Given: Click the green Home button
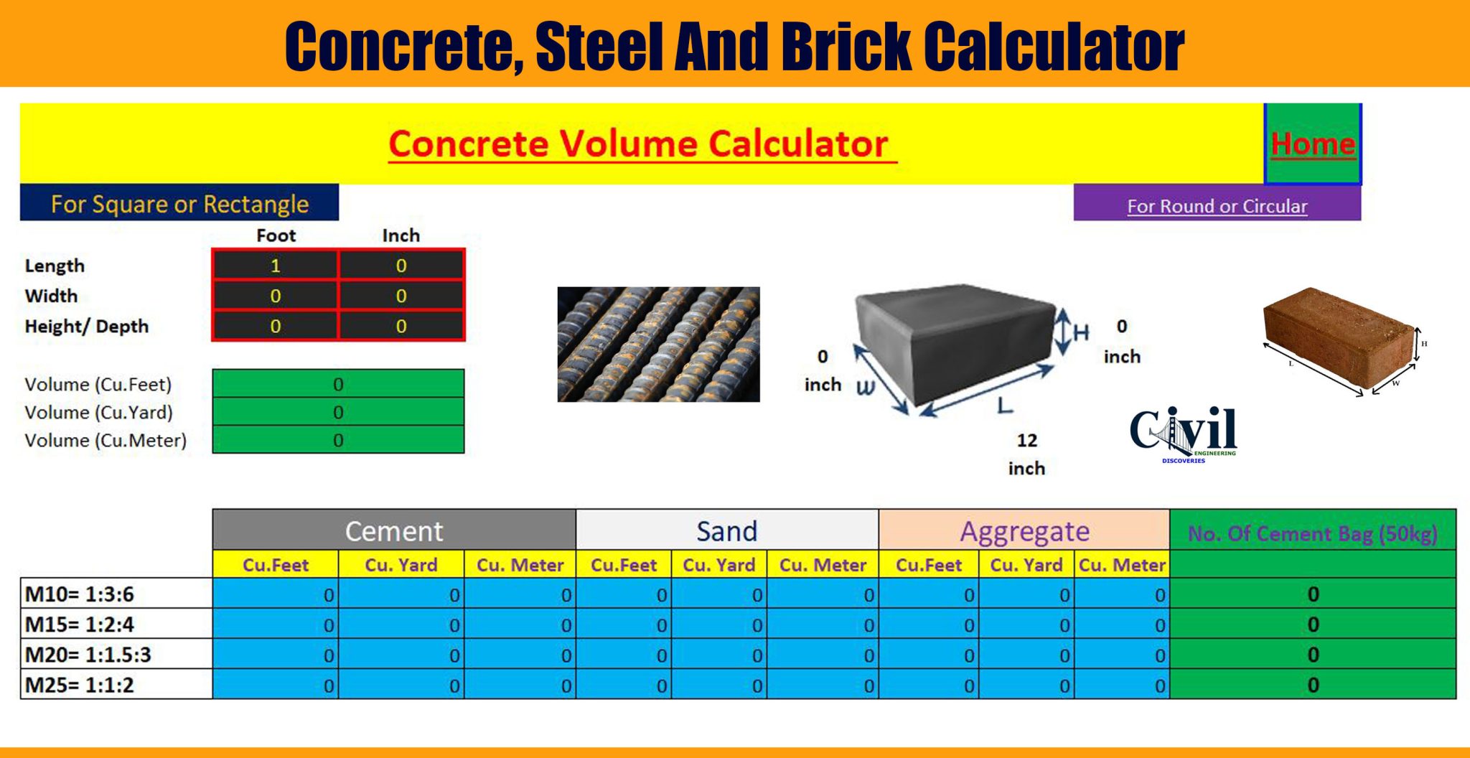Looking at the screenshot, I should (1312, 144).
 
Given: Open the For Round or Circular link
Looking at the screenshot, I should (1217, 206).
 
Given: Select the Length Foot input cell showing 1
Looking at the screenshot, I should (275, 266).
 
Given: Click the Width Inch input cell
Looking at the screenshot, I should (401, 296).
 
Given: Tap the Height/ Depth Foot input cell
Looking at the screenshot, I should (275, 327).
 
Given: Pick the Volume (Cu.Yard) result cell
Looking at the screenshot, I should (338, 412).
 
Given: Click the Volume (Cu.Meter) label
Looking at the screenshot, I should (106, 440).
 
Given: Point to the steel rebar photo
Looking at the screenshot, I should (658, 344).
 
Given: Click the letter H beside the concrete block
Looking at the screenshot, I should (1080, 332).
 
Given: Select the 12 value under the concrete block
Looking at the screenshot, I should (1026, 440).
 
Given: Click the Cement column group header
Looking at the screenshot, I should (394, 531).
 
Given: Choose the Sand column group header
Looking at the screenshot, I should (726, 531).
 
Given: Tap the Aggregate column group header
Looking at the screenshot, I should (1024, 531).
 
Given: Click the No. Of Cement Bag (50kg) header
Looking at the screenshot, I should (1312, 533).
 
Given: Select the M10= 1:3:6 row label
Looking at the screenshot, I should (80, 594).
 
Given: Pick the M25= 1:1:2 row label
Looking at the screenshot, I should (80, 685).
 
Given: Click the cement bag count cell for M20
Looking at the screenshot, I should (1312, 655).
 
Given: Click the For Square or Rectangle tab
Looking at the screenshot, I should (179, 204).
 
